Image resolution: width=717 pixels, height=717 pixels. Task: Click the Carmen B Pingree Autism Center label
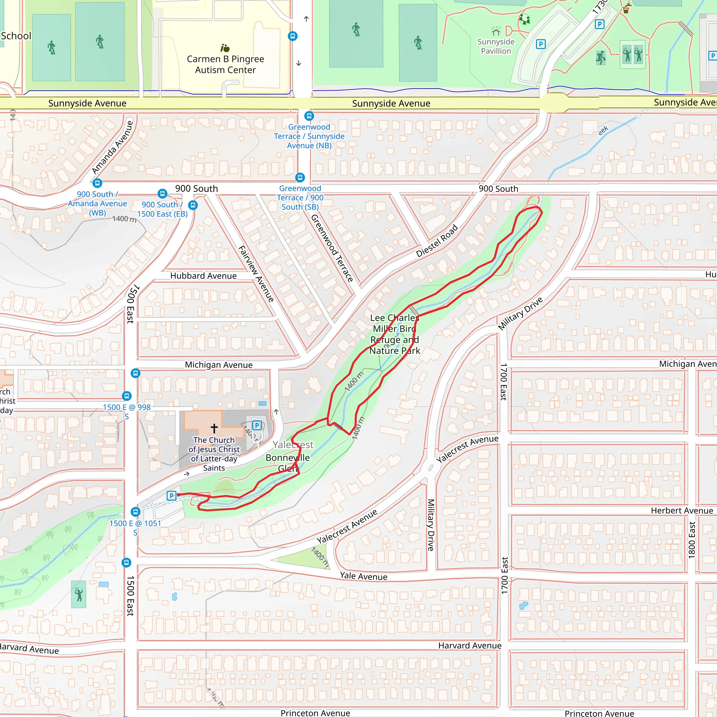coord(225,64)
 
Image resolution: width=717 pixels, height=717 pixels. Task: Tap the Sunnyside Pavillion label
coord(496,47)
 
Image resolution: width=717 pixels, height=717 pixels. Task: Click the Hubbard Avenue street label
coord(203,276)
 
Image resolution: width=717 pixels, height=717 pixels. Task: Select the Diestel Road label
coord(437,241)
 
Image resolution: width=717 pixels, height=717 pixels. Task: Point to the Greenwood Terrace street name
coord(332,248)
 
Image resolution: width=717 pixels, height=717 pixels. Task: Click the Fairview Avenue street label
coord(256,274)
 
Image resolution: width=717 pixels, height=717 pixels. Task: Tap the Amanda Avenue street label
coord(112,147)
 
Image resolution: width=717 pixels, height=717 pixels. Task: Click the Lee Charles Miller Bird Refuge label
coord(395,334)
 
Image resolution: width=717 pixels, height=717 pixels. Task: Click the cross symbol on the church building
coord(214,428)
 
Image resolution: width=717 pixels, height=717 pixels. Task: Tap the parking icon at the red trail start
coord(172,495)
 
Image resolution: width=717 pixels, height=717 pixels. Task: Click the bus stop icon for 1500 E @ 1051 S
coord(135,512)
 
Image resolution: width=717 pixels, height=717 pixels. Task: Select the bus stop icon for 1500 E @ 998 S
coord(127,396)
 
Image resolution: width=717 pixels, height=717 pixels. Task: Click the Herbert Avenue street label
coord(682,511)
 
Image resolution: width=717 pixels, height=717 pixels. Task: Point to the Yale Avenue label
coord(363,576)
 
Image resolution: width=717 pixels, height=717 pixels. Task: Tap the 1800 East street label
coord(692,540)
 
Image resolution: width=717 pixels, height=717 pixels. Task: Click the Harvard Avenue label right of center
coord(469,646)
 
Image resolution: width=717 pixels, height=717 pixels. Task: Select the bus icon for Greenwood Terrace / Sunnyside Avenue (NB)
coord(309,116)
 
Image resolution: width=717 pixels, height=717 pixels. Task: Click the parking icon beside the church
coord(257,425)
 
